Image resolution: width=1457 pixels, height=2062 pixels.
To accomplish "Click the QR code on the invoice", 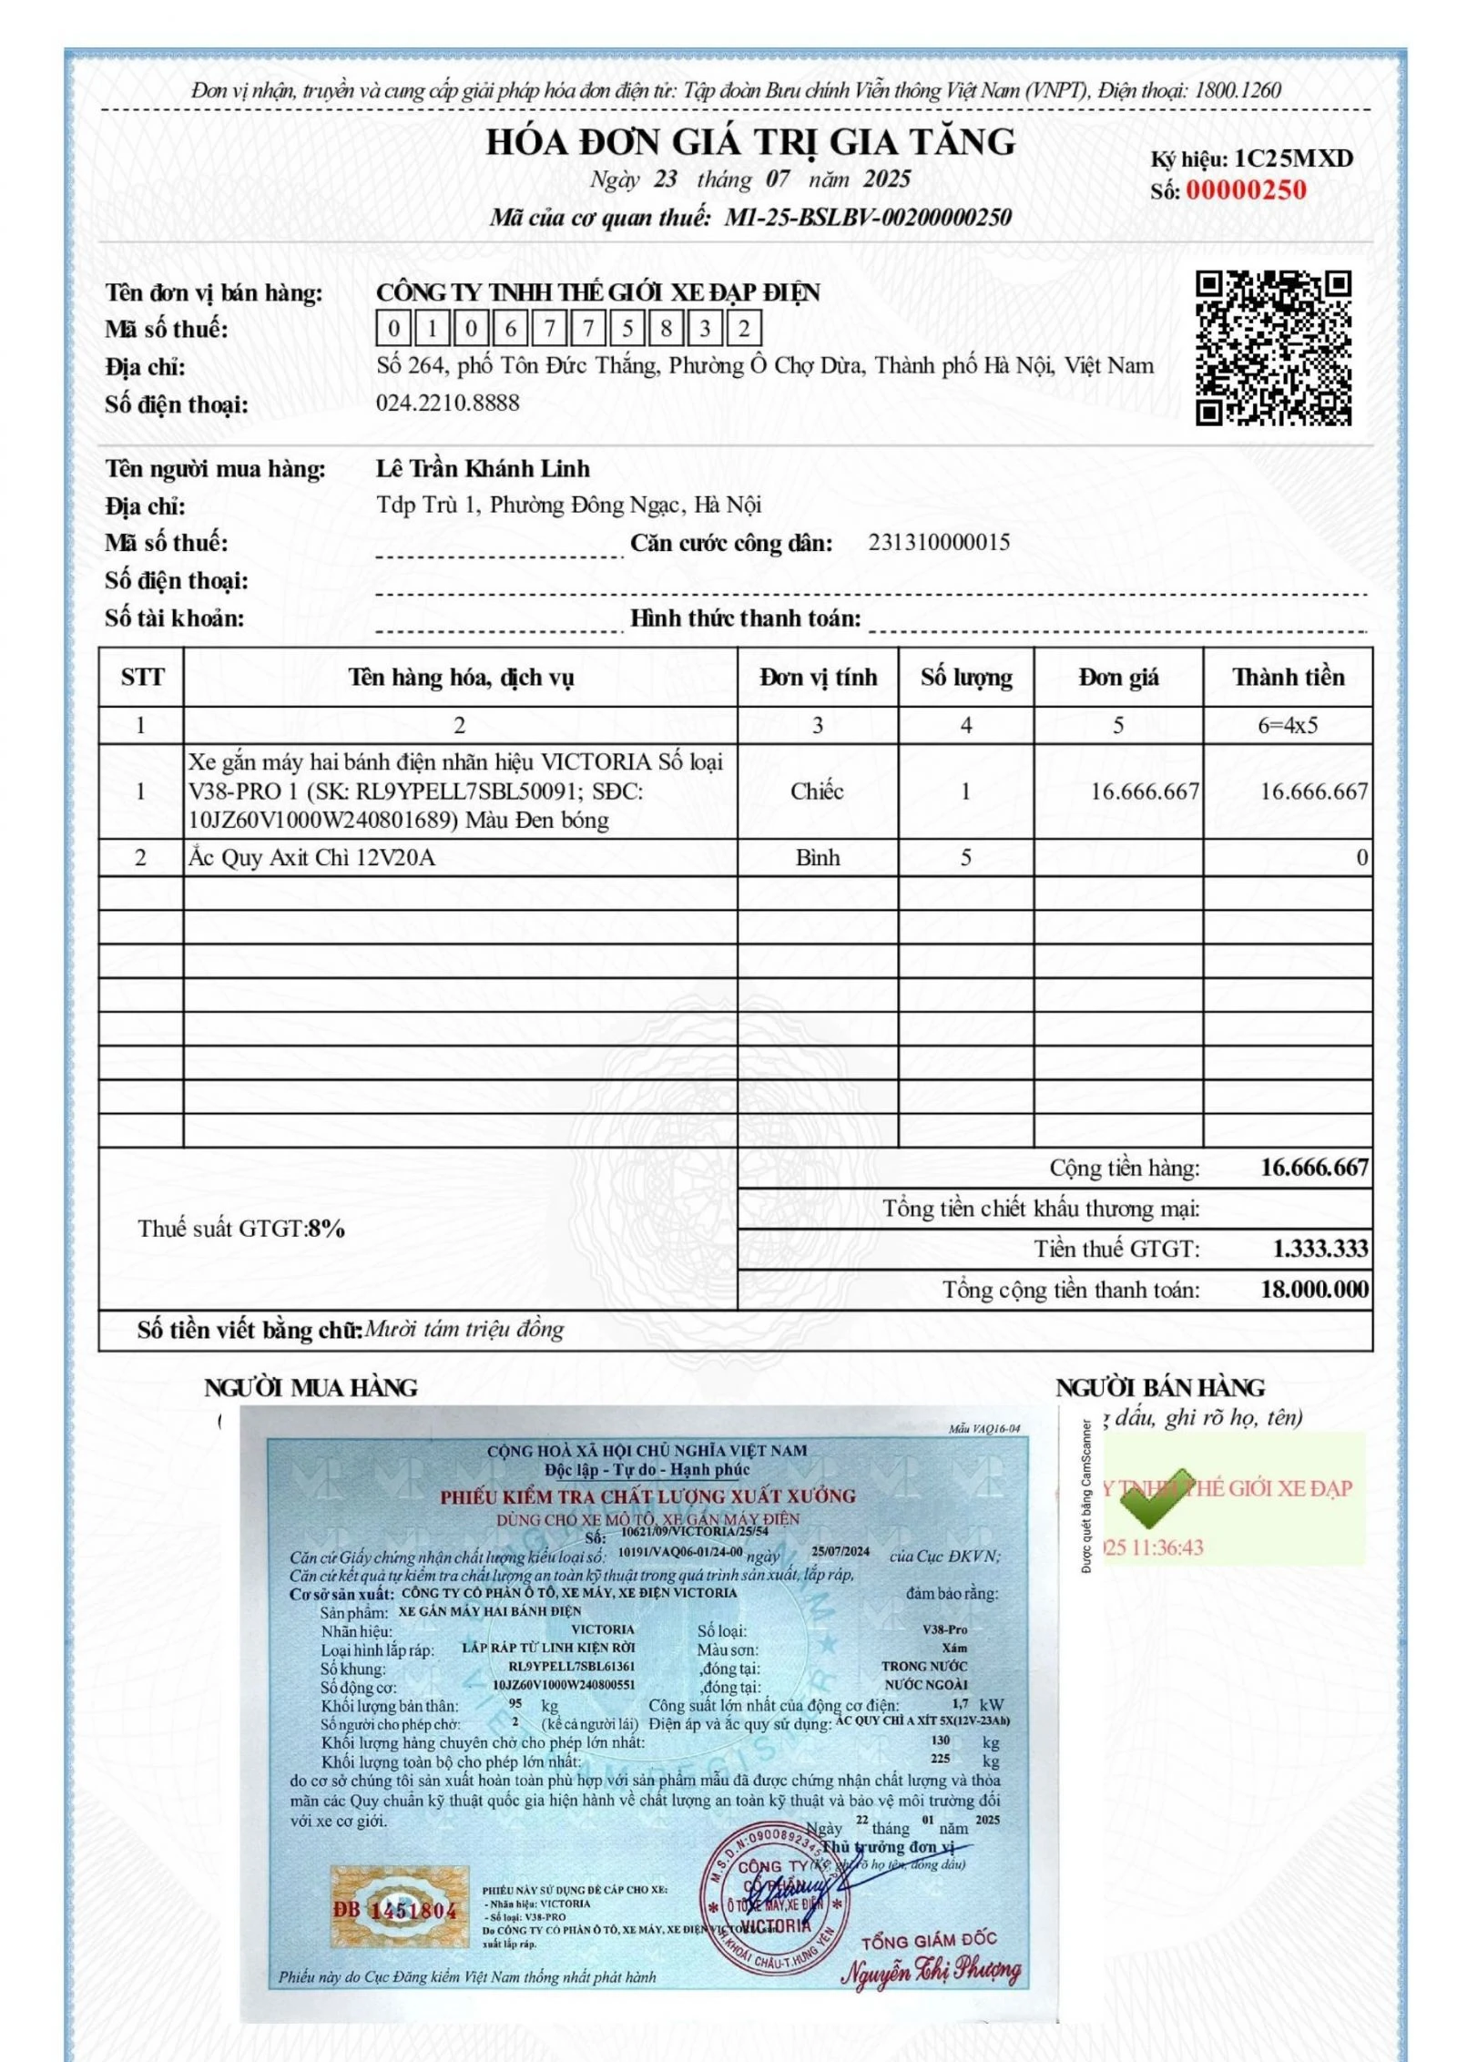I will pyautogui.click(x=1272, y=347).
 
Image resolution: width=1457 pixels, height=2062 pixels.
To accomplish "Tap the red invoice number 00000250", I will pyautogui.click(x=1245, y=190).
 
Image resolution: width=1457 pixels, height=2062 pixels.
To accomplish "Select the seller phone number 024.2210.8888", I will pyautogui.click(x=447, y=403).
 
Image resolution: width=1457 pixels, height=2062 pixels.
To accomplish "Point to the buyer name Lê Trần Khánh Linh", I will pyautogui.click(x=483, y=468).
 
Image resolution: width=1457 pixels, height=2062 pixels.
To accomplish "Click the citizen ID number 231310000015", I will pyautogui.click(x=938, y=543).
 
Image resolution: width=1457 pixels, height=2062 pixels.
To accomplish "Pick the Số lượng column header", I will pyautogui.click(x=965, y=677).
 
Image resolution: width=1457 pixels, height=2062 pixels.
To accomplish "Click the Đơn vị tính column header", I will pyautogui.click(x=818, y=677).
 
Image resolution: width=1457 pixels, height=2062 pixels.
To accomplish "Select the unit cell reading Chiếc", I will pyautogui.click(x=817, y=791).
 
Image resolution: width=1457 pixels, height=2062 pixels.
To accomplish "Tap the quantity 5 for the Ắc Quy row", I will pyautogui.click(x=965, y=857).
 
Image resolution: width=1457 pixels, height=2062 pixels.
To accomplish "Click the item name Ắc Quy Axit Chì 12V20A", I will pyautogui.click(x=311, y=857).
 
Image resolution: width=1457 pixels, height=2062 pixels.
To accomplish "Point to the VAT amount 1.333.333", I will pyautogui.click(x=1319, y=1249).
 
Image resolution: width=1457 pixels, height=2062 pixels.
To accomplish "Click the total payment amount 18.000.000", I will pyautogui.click(x=1314, y=1289).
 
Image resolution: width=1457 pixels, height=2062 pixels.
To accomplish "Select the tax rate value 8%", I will pyautogui.click(x=326, y=1229).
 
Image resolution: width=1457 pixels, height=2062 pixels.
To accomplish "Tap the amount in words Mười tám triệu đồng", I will pyautogui.click(x=464, y=1330).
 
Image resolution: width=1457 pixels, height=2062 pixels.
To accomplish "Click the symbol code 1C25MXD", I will pyautogui.click(x=1293, y=158).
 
